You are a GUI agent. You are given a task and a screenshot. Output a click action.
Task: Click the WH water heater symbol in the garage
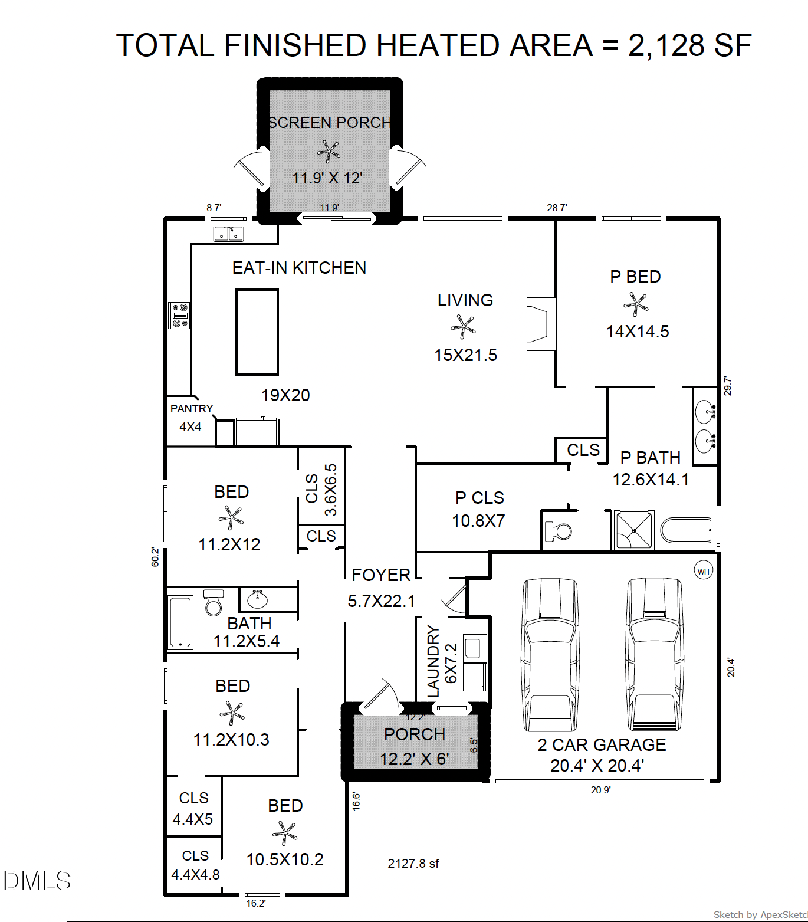click(703, 571)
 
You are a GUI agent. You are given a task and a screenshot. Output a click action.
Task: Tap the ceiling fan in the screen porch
click(328, 152)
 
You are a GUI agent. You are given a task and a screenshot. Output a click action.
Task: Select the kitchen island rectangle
click(257, 332)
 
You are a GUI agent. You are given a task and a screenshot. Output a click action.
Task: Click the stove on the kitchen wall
click(179, 315)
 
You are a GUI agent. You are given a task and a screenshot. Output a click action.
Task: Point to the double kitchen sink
click(228, 234)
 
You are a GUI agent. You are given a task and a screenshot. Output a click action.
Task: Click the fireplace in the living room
click(540, 324)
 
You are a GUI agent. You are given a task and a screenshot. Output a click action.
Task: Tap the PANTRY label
click(191, 408)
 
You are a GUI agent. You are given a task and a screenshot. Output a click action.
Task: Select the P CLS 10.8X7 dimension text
click(478, 521)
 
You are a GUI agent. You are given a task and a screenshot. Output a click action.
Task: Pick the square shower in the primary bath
click(634, 530)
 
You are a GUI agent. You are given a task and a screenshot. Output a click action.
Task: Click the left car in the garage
click(550, 655)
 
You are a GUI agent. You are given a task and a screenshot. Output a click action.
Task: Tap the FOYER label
click(381, 575)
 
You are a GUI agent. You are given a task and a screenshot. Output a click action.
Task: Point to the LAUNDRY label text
click(433, 661)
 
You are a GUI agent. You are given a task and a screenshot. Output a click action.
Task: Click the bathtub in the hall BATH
click(180, 622)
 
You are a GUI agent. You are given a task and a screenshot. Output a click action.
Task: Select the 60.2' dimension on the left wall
click(155, 557)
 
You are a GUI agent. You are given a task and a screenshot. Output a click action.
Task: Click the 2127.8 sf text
click(413, 863)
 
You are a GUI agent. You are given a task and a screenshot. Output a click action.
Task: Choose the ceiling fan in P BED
click(636, 304)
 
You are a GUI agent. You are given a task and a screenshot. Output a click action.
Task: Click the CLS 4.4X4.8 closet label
click(195, 865)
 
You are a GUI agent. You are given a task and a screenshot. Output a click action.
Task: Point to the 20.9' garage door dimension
click(600, 790)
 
